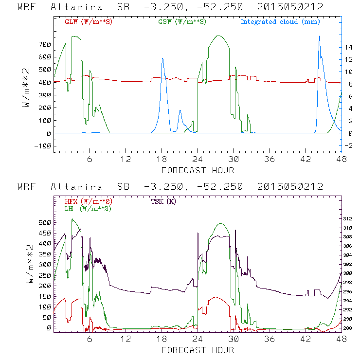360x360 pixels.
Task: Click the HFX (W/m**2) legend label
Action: [x=89, y=201]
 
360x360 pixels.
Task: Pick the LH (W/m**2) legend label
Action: [x=87, y=208]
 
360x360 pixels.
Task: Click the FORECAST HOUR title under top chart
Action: [x=198, y=170]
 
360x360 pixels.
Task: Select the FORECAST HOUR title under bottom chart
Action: [x=198, y=350]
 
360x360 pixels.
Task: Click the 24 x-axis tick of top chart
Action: [x=197, y=160]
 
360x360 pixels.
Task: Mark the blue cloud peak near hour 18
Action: [x=162, y=59]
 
